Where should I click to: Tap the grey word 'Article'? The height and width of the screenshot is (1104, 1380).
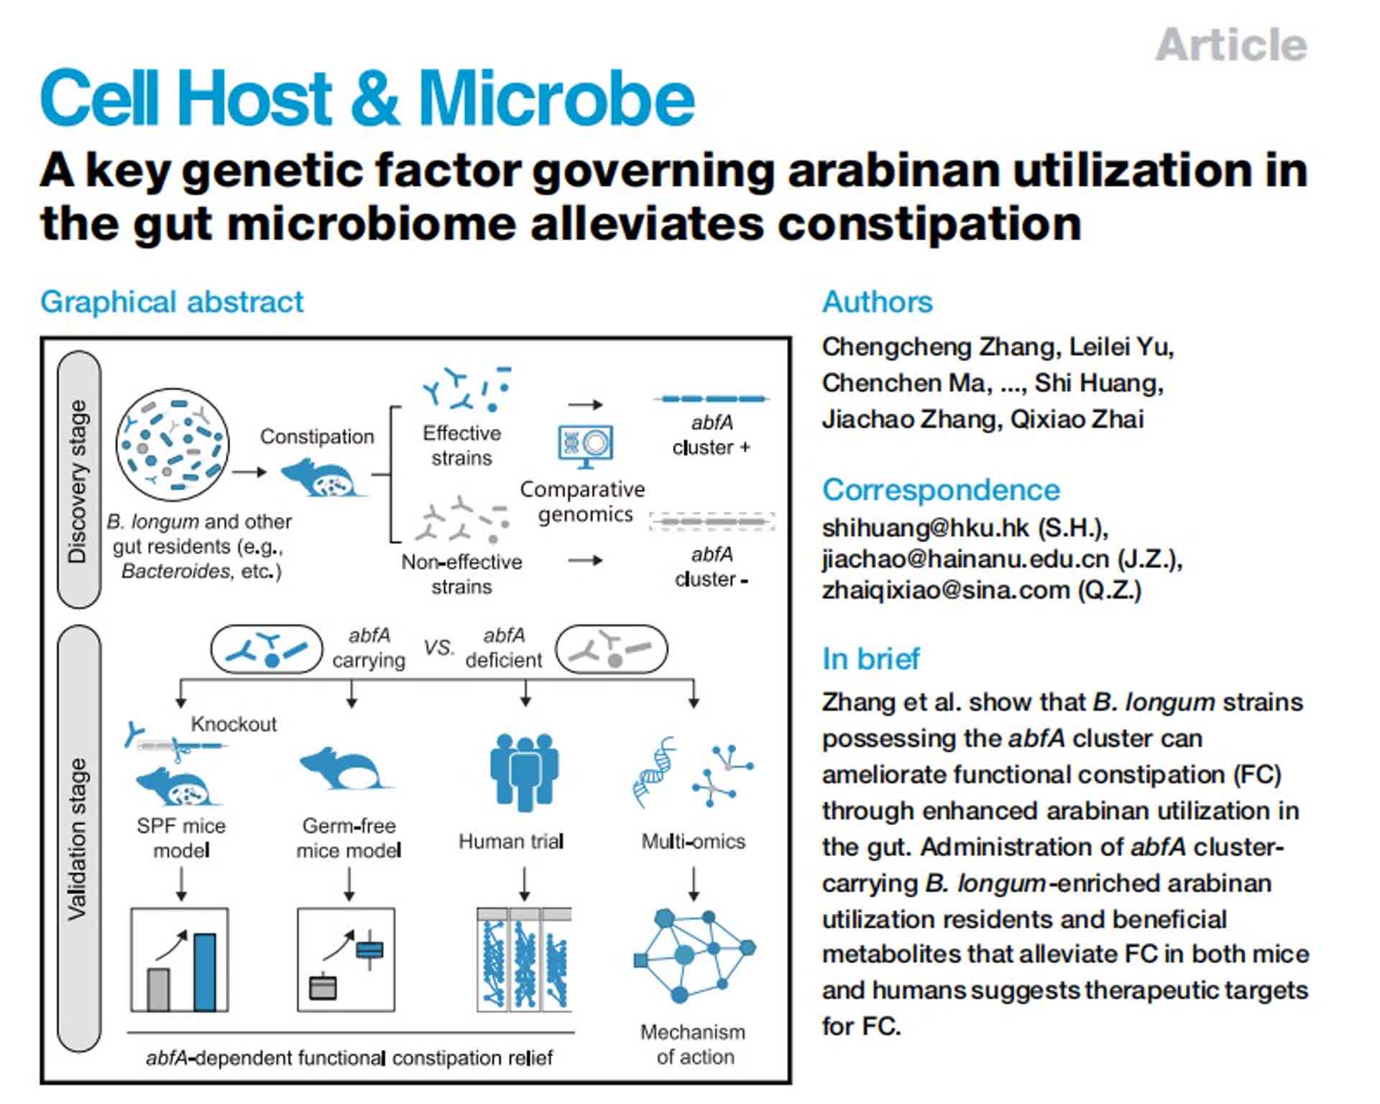coord(1230,45)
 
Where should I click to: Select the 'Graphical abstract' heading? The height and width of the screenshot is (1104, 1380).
coord(172,302)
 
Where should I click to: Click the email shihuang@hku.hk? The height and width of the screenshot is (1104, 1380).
coord(926,528)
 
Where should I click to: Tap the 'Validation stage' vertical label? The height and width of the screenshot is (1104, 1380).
coord(78,837)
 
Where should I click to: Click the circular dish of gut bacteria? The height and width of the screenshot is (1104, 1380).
coord(172,444)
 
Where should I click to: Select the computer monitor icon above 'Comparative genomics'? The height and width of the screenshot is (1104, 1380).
coord(585,444)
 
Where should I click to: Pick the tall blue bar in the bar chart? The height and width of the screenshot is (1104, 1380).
coord(205,971)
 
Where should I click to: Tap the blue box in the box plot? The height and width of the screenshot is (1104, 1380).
coord(369,950)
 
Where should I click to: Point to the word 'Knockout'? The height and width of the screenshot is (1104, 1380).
coord(234,724)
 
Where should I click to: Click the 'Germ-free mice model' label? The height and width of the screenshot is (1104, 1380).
coord(349,838)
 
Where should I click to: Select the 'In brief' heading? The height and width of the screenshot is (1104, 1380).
coord(870,658)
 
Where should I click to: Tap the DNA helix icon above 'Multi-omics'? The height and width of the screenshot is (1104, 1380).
coord(655,772)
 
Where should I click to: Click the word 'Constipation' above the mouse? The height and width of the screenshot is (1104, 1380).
coord(317,436)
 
